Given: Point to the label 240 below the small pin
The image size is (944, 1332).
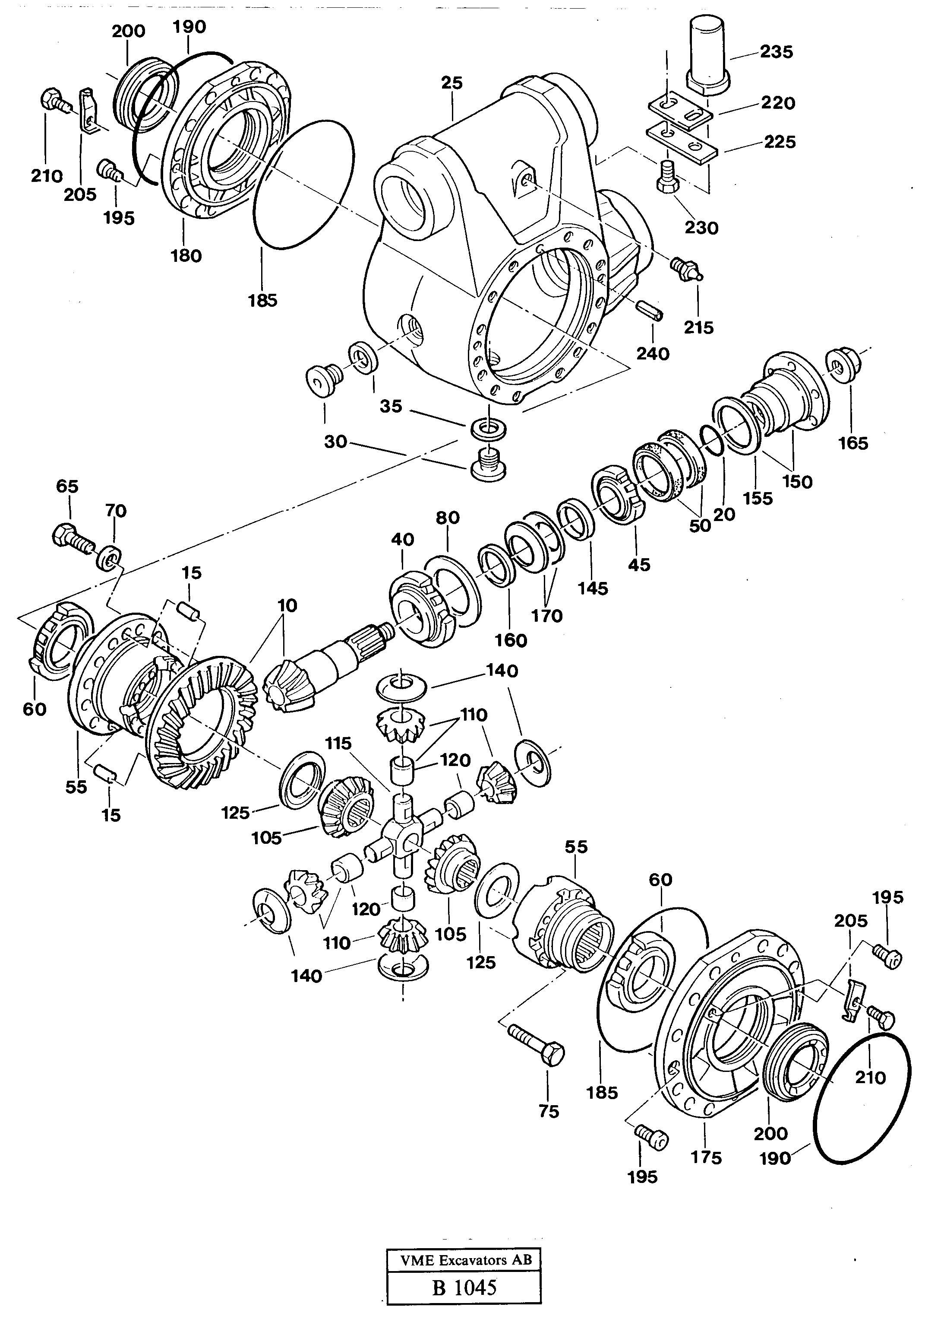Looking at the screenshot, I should (x=653, y=354).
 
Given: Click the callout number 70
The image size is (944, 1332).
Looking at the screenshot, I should (x=116, y=511).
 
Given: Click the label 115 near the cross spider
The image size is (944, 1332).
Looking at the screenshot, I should (x=339, y=744).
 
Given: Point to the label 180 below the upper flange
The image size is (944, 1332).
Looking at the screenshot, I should (x=186, y=256).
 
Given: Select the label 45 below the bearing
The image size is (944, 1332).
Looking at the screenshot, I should (x=639, y=564).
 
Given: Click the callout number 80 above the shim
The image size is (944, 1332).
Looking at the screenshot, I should (x=448, y=518).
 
